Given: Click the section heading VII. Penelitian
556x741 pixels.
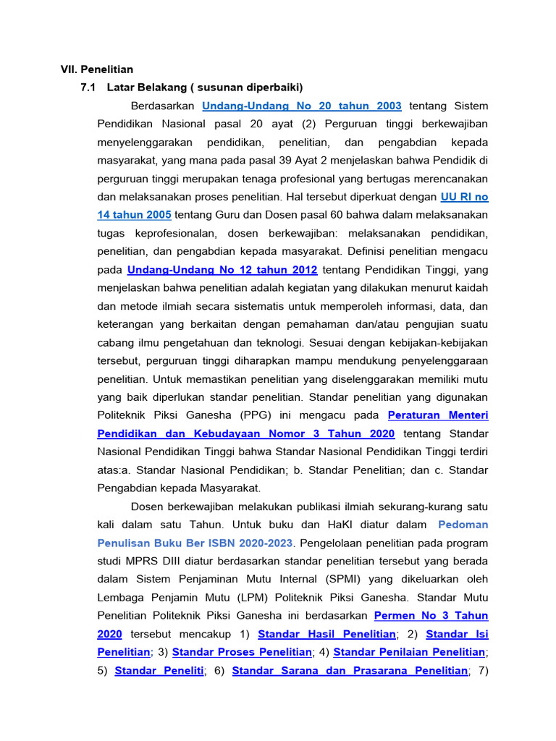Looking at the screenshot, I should click(96, 69).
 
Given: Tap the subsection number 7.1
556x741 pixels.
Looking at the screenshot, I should click(88, 88).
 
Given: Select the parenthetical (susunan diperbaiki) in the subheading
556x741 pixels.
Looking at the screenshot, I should click(249, 88).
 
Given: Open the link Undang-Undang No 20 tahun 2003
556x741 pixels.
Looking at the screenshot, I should click(302, 106).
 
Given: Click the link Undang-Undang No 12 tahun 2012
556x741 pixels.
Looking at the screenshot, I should click(222, 270).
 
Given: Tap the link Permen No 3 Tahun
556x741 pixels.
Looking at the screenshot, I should click(431, 616).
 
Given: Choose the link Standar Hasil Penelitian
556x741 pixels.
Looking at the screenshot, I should click(327, 635).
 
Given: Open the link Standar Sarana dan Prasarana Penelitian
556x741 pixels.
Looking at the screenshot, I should click(350, 671).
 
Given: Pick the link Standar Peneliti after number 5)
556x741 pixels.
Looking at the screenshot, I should click(159, 671).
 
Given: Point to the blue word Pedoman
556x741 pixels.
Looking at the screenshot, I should click(463, 525).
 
